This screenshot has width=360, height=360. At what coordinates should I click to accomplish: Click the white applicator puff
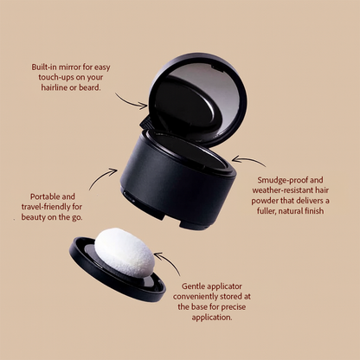[125, 252]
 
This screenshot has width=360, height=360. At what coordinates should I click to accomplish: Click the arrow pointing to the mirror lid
[132, 102]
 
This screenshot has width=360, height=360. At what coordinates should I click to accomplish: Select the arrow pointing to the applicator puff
[168, 262]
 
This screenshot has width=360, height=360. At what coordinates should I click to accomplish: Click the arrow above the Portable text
[103, 178]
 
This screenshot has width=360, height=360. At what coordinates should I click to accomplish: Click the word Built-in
[44, 67]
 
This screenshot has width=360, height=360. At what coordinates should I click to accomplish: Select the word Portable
[45, 196]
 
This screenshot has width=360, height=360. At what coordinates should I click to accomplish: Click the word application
[212, 318]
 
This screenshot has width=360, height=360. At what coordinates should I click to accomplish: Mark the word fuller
[267, 211]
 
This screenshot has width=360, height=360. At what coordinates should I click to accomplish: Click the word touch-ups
[56, 77]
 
